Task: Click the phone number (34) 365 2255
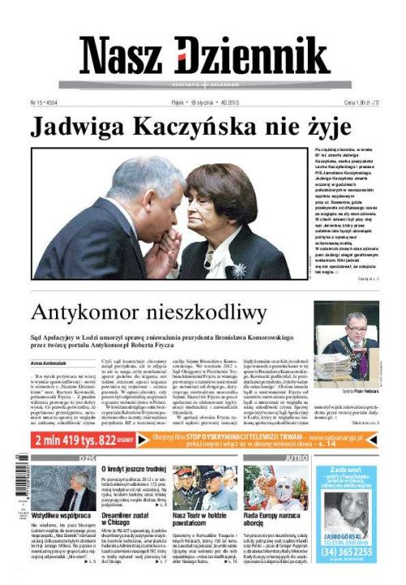pos(348,550)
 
